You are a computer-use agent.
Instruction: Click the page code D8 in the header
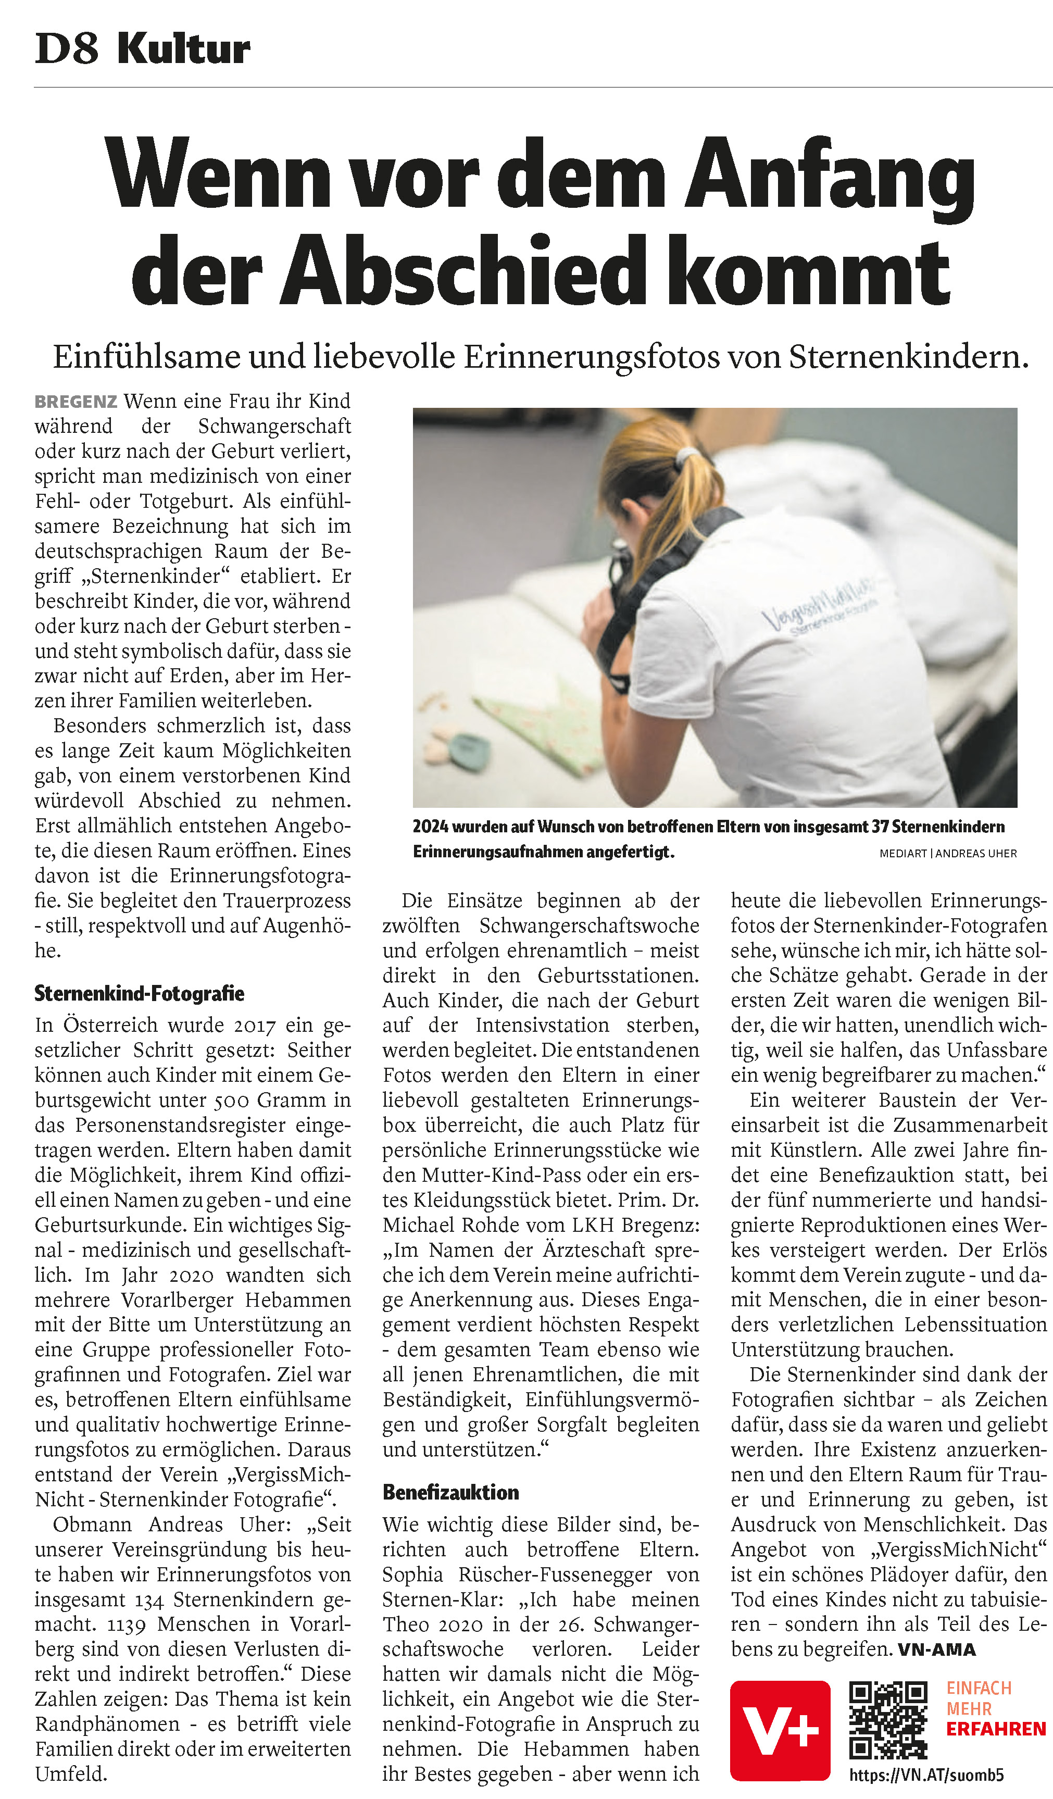(x=66, y=49)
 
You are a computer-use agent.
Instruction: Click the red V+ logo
(x=780, y=1730)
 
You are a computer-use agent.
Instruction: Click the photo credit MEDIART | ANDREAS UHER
(x=947, y=853)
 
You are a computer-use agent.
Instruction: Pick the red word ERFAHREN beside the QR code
(x=996, y=1730)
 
